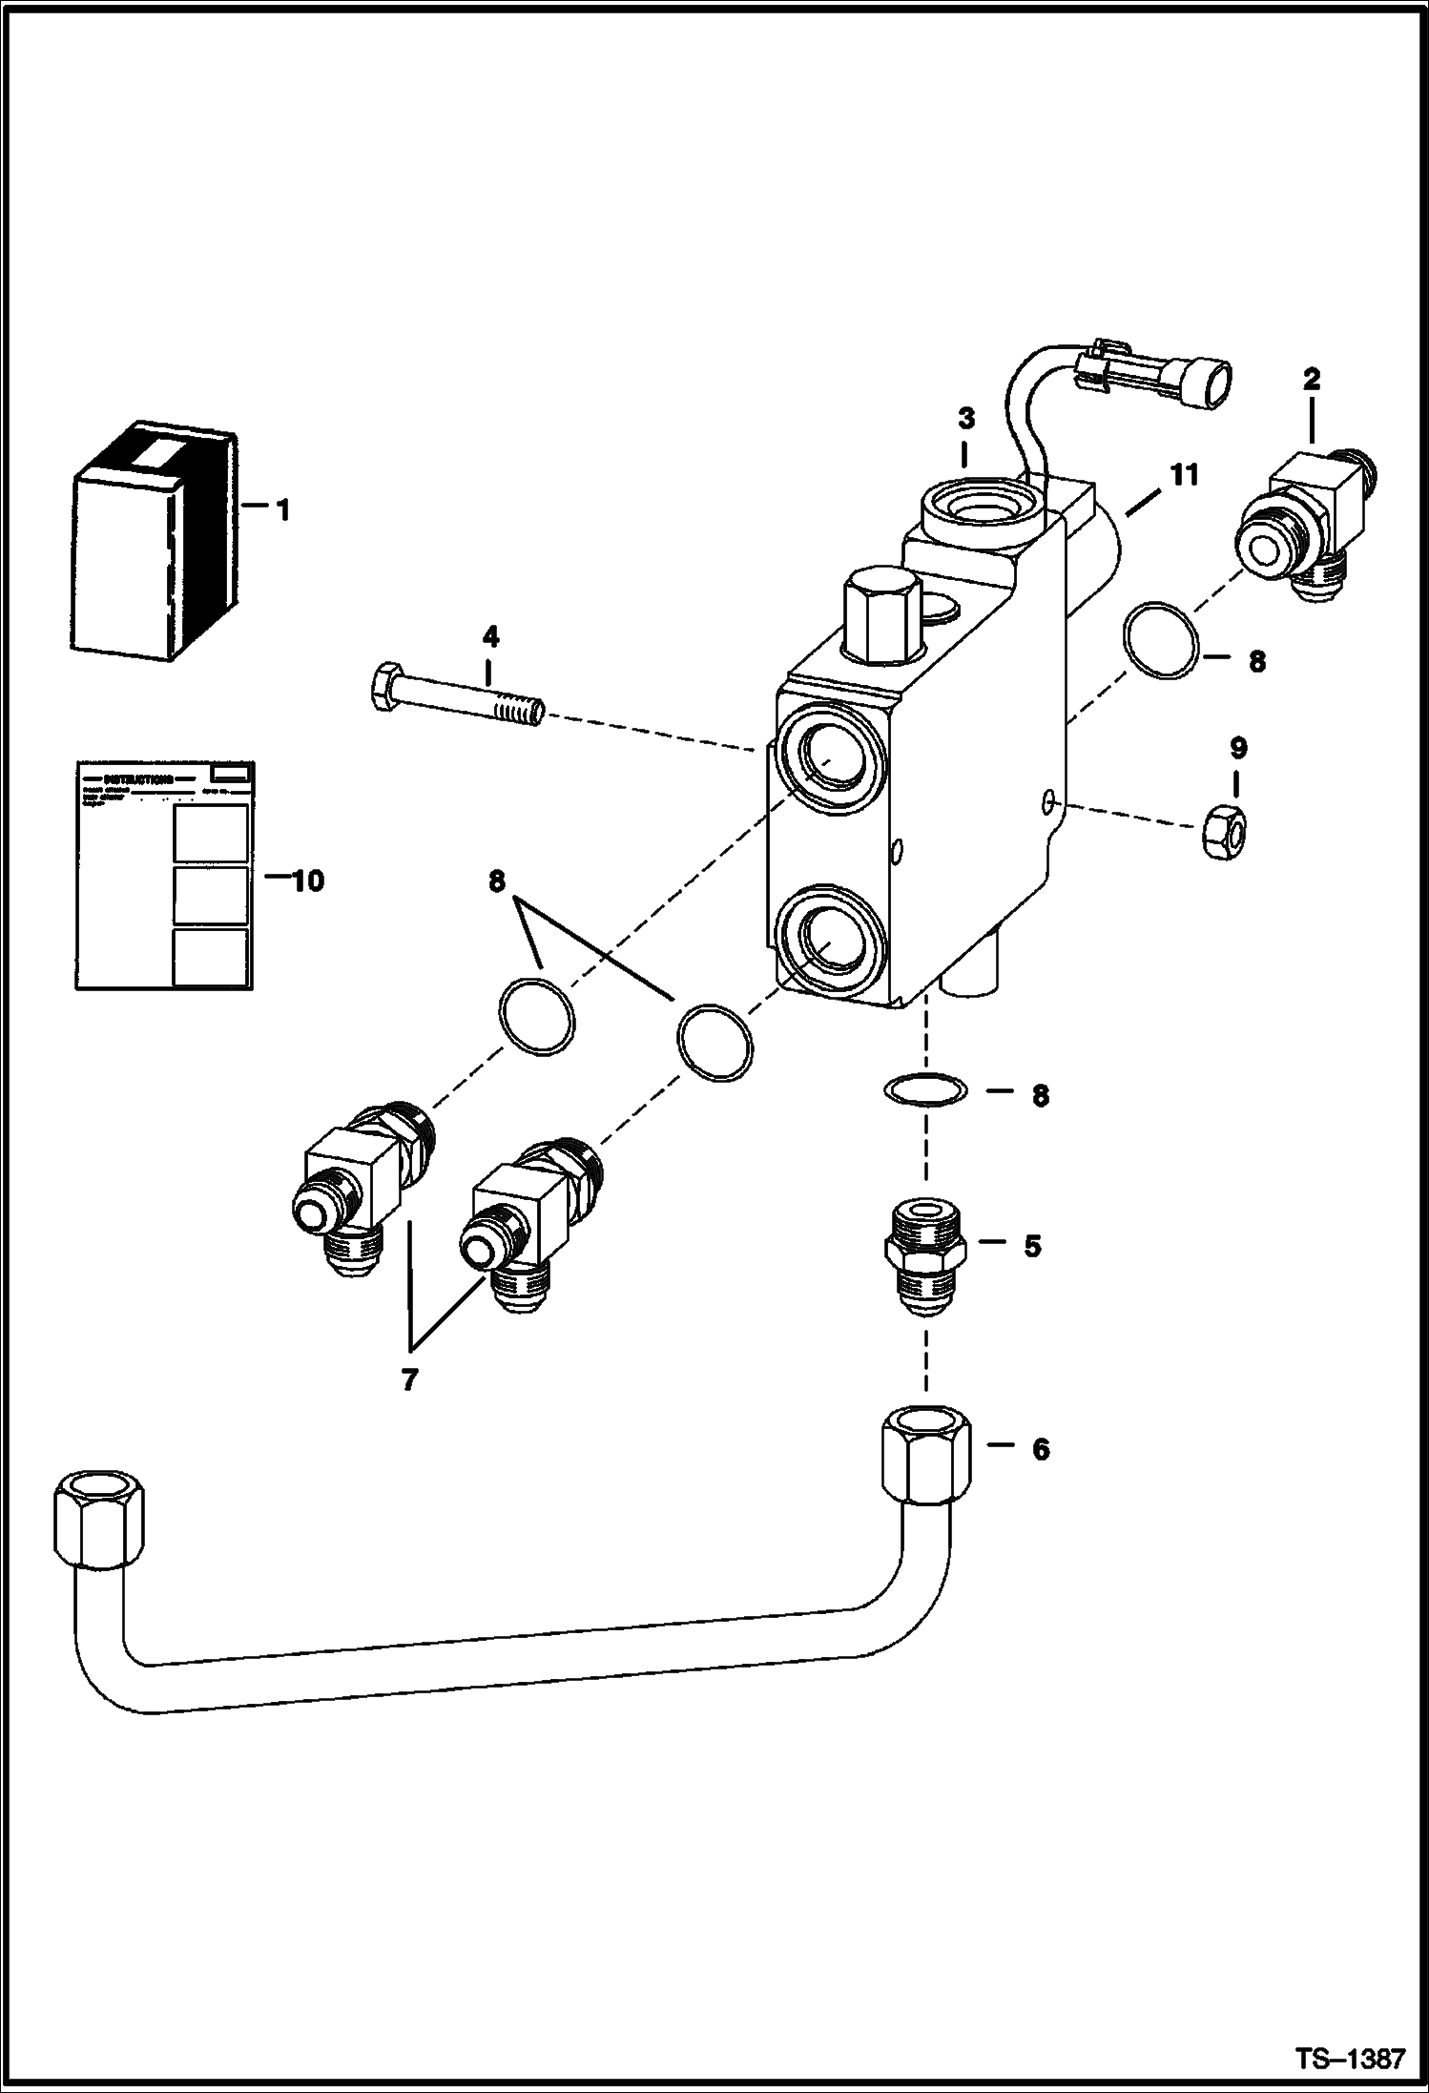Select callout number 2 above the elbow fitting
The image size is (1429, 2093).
pyautogui.click(x=1312, y=380)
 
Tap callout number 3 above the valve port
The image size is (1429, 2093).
pyautogui.click(x=965, y=418)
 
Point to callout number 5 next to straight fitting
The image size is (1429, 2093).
pyautogui.click(x=1033, y=1247)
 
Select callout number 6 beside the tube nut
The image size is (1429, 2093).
pyautogui.click(x=1040, y=1449)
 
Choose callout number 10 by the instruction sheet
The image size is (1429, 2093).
pyautogui.click(x=307, y=881)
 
